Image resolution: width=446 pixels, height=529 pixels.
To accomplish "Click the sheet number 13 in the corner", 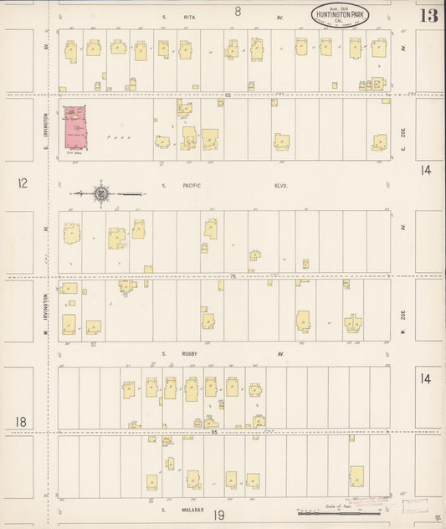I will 428,16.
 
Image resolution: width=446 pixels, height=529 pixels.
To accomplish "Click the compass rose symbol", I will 100,194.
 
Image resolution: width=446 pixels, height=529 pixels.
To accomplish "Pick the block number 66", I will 228,95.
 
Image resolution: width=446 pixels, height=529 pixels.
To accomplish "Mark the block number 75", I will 233,275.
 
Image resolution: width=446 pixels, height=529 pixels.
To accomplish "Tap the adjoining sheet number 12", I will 23,182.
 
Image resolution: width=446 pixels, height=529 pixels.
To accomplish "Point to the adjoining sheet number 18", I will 21,421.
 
